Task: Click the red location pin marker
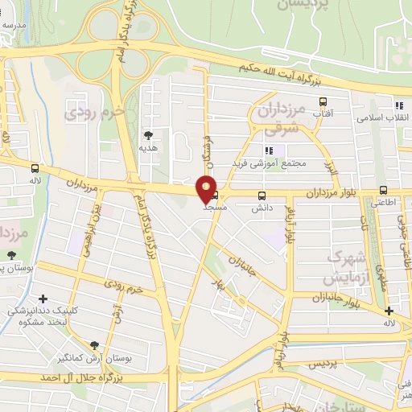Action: click(x=207, y=188)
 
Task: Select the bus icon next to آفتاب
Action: click(x=323, y=102)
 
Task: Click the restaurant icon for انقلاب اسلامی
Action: click(x=398, y=105)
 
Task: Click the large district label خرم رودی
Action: click(x=92, y=112)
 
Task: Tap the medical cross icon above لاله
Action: click(x=389, y=311)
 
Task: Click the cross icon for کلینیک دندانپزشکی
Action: click(x=43, y=299)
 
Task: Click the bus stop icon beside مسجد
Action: click(x=216, y=194)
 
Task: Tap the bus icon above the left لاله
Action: click(x=35, y=168)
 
